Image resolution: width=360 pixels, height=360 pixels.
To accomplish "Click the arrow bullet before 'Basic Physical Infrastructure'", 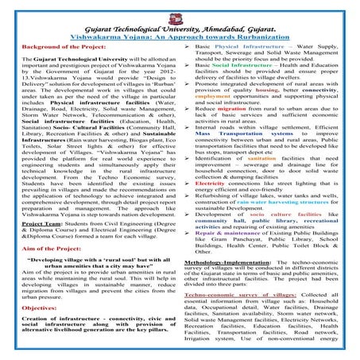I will [187, 49].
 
